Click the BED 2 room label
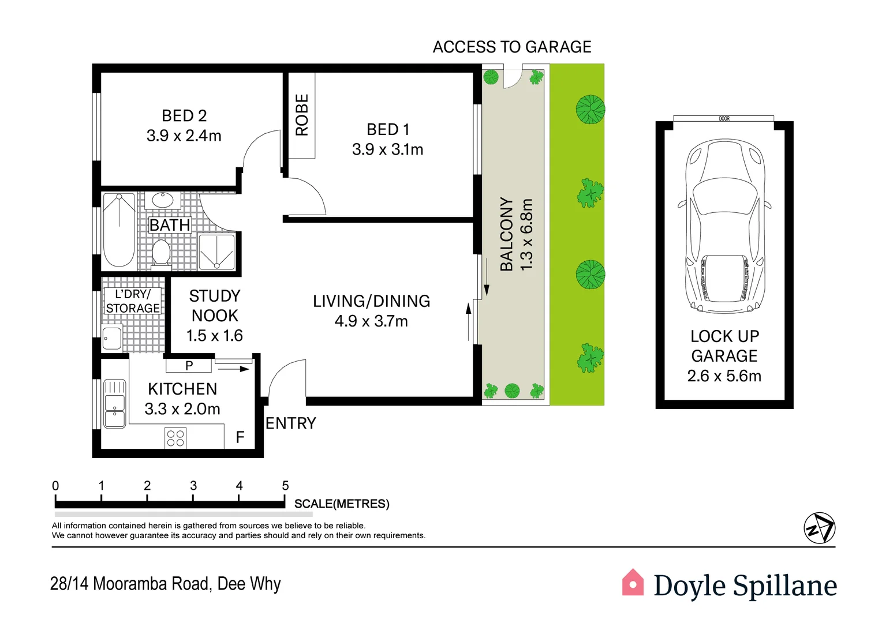184,116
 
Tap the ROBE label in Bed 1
302,115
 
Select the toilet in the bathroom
160,254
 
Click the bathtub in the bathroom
119,230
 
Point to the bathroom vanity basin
162,201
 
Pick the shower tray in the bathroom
216,252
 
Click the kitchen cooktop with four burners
175,438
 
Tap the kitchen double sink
114,403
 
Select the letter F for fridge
240,437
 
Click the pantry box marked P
189,365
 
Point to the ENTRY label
290,423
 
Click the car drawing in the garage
724,226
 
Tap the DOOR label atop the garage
724,119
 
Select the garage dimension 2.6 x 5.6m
724,376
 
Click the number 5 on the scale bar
285,486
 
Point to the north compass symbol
819,528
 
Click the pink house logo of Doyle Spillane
633,583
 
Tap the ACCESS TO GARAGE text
512,47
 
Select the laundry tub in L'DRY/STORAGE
112,338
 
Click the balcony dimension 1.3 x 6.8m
526,234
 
